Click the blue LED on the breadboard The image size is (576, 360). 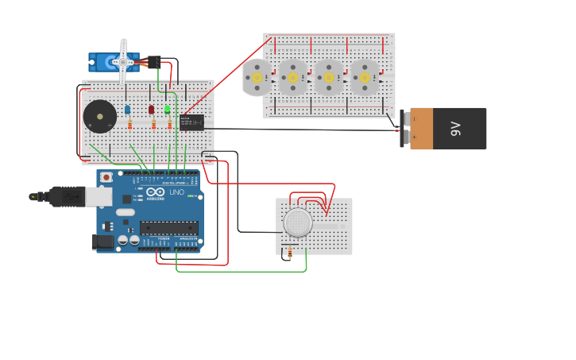click(x=127, y=110)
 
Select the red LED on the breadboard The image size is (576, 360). click(x=151, y=110)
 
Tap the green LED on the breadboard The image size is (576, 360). click(x=168, y=110)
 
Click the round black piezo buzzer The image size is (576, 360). click(x=100, y=117)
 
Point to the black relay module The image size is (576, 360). click(x=191, y=122)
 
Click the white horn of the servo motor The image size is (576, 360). click(x=123, y=60)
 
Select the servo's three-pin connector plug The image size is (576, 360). click(x=153, y=61)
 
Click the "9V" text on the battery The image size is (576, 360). click(x=456, y=128)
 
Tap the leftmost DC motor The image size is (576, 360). click(x=257, y=77)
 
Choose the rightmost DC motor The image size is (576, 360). click(x=365, y=77)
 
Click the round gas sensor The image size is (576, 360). click(x=299, y=223)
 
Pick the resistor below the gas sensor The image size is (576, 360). click(x=289, y=253)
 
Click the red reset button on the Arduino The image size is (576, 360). click(x=106, y=177)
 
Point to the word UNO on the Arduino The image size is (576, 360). click(x=176, y=192)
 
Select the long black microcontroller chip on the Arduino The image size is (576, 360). click(x=168, y=227)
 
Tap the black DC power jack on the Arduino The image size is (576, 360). click(x=102, y=242)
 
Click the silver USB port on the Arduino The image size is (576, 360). click(x=98, y=196)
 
